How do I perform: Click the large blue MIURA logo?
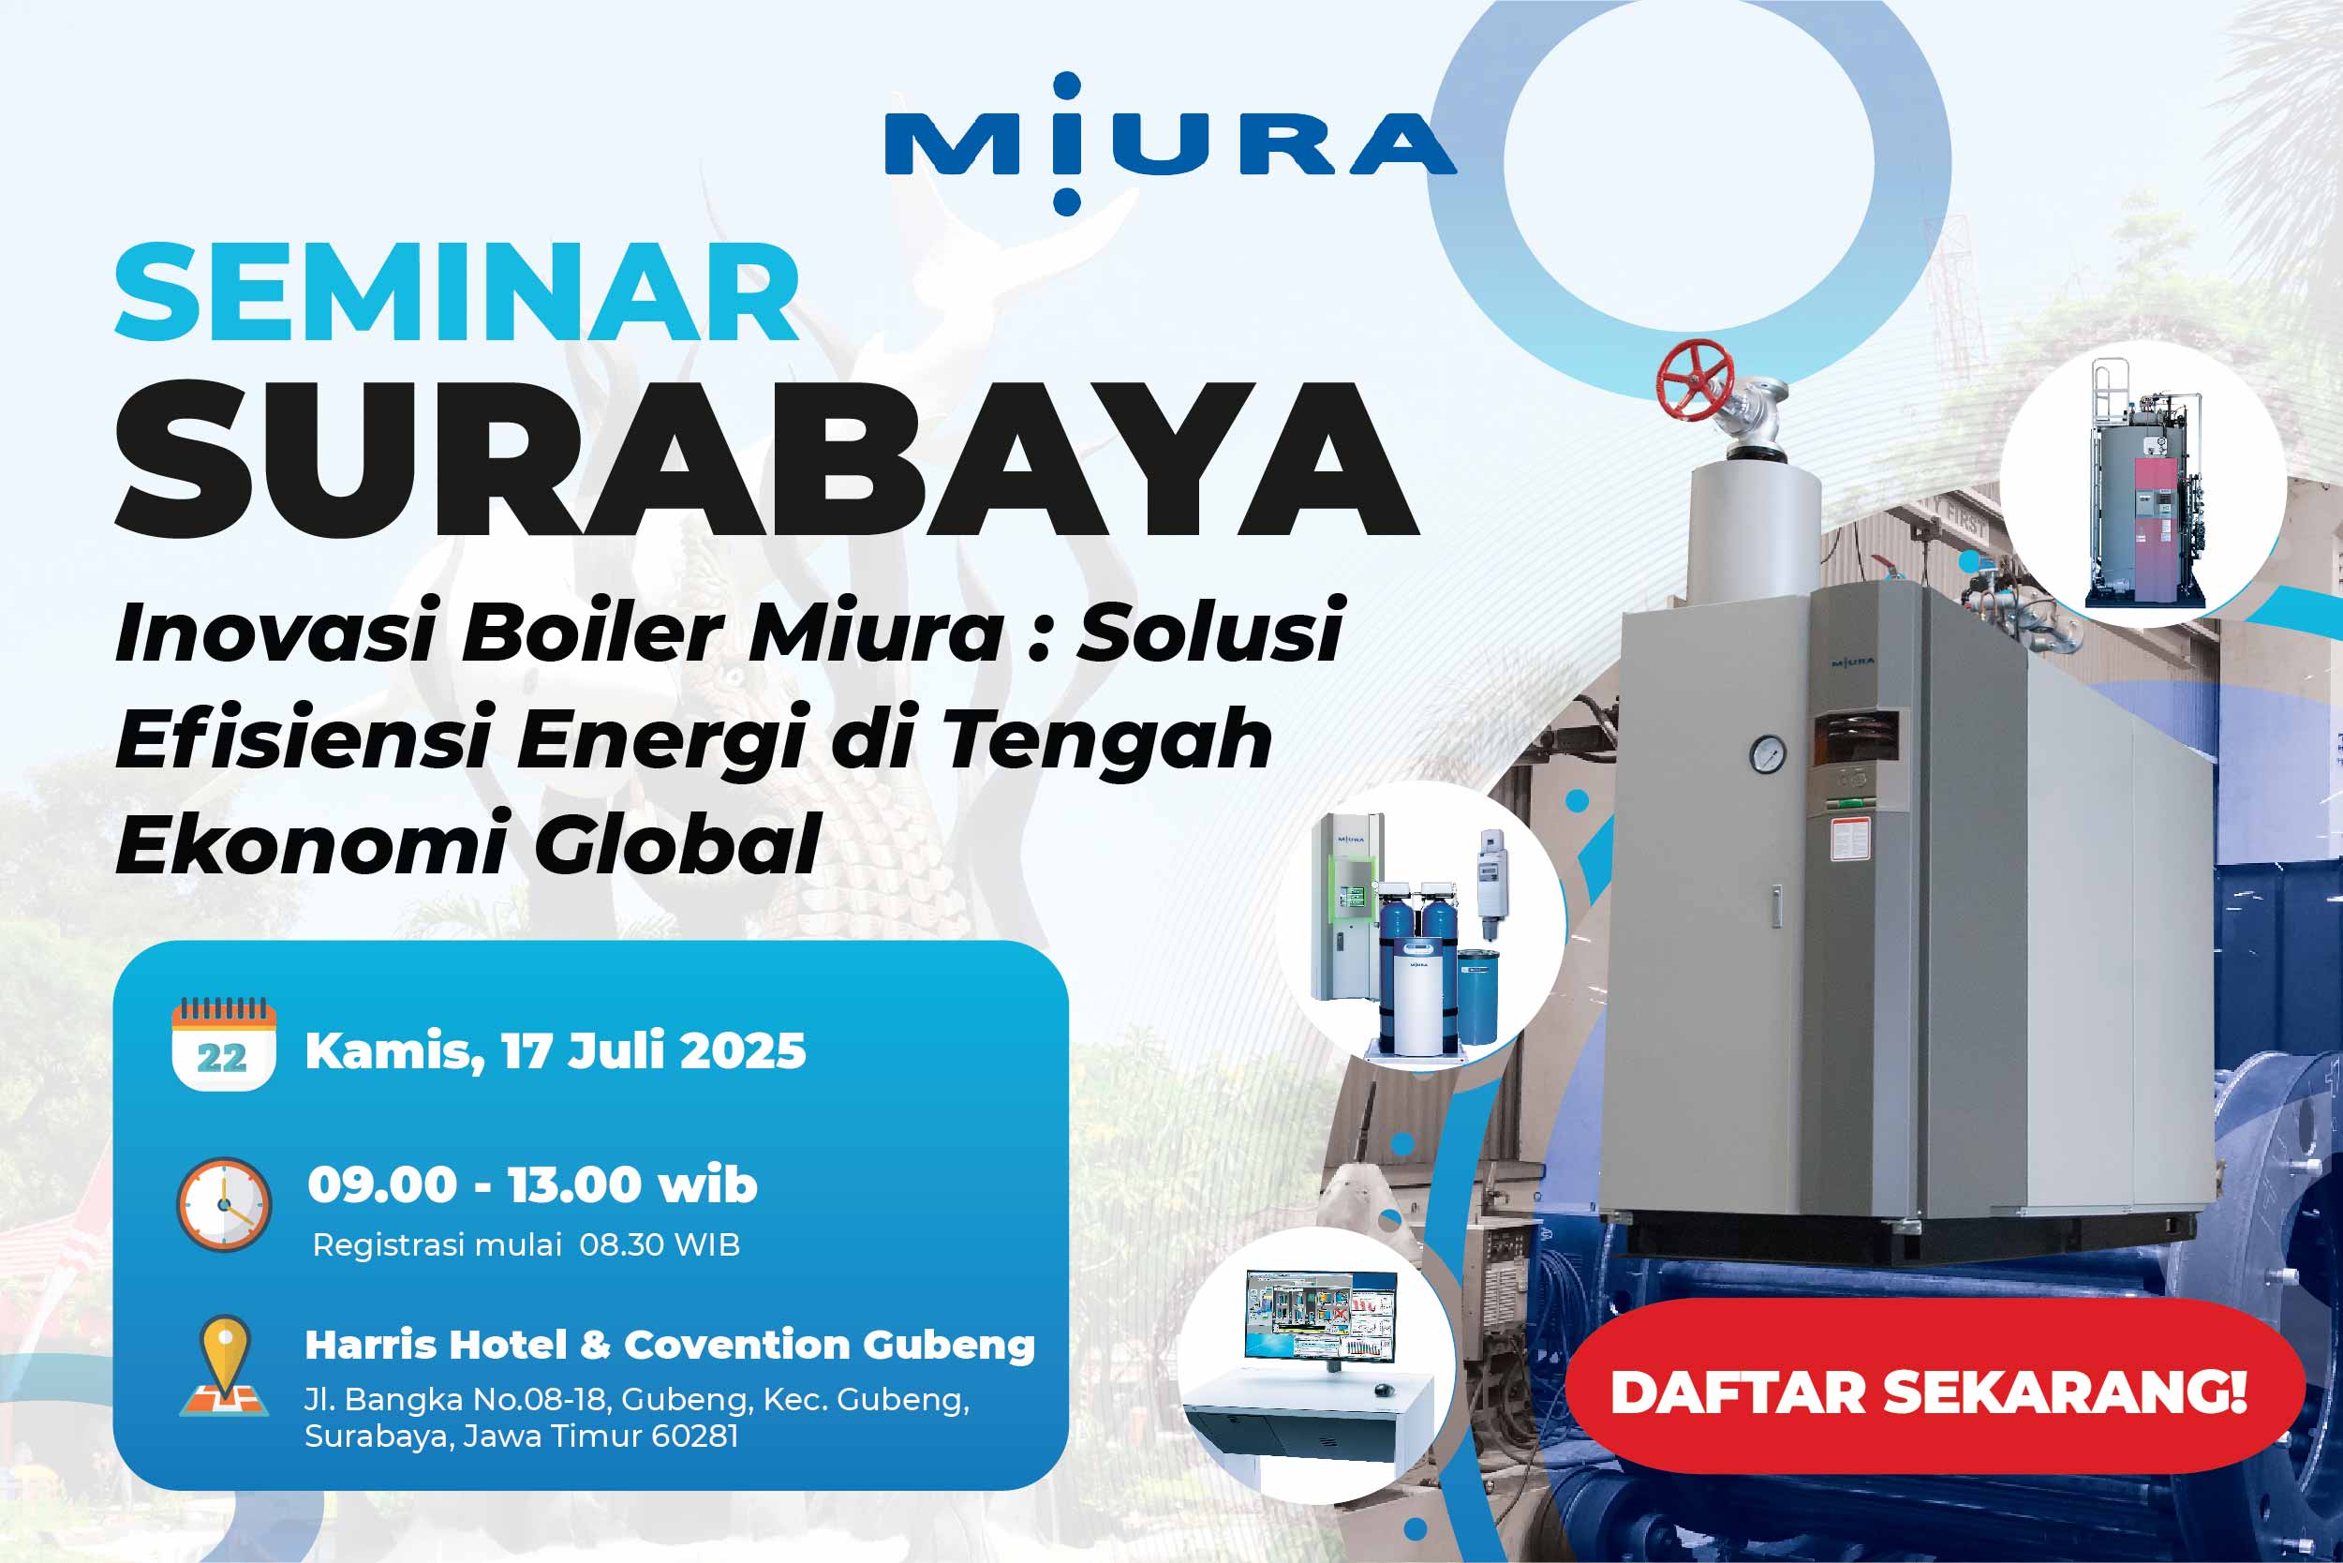[x=1171, y=143]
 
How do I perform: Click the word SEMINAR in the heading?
[x=457, y=293]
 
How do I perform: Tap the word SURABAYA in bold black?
[x=765, y=459]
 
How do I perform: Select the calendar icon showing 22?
[x=223, y=1044]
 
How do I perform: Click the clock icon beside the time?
[x=224, y=1204]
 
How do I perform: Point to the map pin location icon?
[x=224, y=1365]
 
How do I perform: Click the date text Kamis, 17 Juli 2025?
[x=556, y=1051]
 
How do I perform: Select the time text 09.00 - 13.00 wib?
[x=532, y=1185]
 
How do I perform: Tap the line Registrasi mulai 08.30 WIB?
[x=526, y=1245]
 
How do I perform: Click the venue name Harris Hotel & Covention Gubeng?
[x=670, y=1345]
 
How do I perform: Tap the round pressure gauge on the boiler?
[x=1768, y=753]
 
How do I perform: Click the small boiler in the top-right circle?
[x=2143, y=485]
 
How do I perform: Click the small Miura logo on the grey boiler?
[x=1853, y=661]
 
